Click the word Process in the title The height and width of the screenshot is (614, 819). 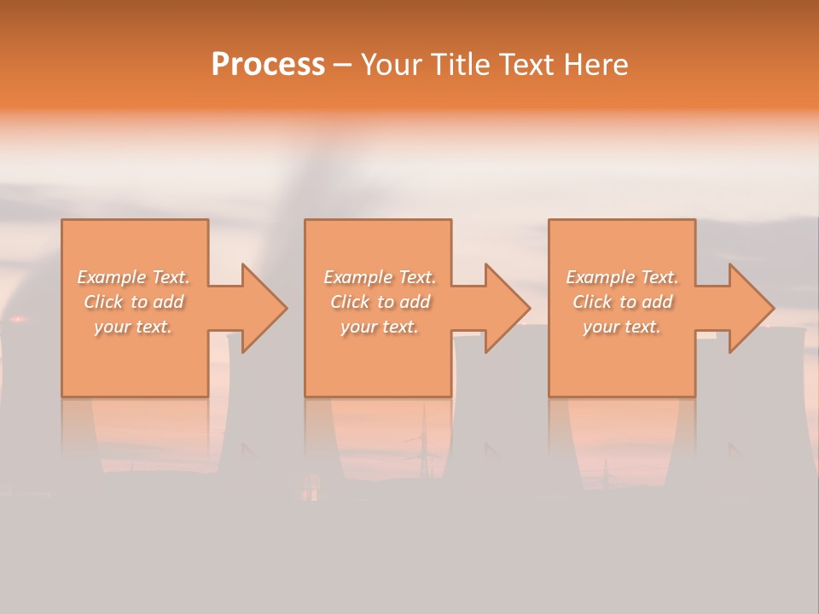(268, 65)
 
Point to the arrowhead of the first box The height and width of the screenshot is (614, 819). (264, 309)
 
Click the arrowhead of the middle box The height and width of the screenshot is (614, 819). (508, 309)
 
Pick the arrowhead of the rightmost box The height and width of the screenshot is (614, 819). (752, 309)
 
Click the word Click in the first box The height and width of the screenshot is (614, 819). (102, 302)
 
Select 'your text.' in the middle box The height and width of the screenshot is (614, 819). (379, 327)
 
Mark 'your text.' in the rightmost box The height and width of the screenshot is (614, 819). (621, 327)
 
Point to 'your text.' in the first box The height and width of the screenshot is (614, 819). (133, 327)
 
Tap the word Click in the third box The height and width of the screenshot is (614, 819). (592, 302)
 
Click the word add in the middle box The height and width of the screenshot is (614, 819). (415, 302)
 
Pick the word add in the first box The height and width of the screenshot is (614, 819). (168, 302)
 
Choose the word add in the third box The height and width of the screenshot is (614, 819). (657, 302)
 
